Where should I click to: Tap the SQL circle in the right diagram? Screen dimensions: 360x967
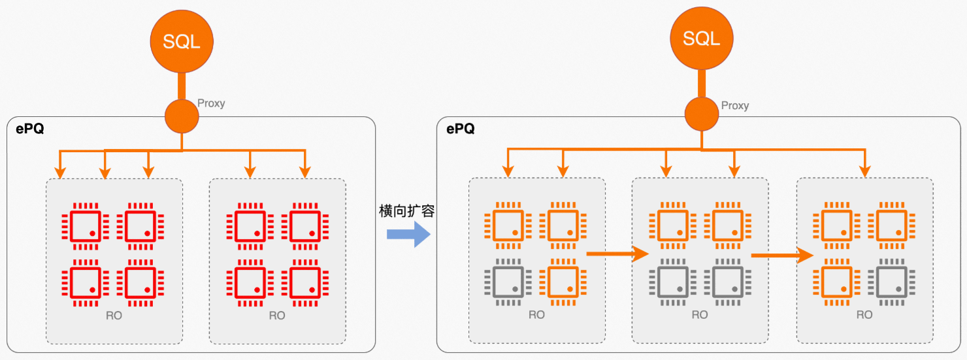(x=702, y=39)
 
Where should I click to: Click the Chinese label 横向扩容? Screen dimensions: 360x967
(x=406, y=212)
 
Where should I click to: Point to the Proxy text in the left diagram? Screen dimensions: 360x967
(x=210, y=103)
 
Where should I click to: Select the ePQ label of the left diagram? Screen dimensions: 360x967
(x=30, y=129)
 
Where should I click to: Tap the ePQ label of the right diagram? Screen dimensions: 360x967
(x=461, y=129)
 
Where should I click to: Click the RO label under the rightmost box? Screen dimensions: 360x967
(x=864, y=315)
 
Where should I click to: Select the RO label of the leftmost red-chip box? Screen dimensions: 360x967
(x=114, y=316)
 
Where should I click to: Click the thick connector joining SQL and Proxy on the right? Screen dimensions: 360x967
(x=702, y=84)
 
